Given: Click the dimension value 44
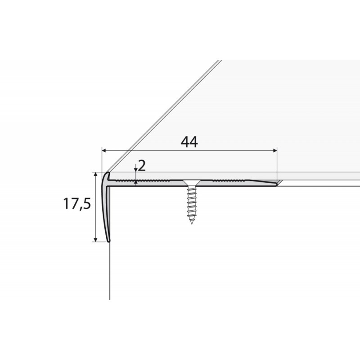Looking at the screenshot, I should [189, 142].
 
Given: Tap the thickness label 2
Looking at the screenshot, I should [142, 166].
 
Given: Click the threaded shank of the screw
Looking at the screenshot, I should [192, 202].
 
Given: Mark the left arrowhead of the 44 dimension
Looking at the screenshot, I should [104, 150].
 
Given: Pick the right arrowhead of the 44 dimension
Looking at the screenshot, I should [275, 150].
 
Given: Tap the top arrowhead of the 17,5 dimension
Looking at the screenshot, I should [96, 175].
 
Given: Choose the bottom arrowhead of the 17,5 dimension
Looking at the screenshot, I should [96, 239].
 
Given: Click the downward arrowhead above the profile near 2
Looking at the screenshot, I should [135, 170].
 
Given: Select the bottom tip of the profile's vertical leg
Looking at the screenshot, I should [108, 241].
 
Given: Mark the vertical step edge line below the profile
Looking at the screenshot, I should [110, 274].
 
